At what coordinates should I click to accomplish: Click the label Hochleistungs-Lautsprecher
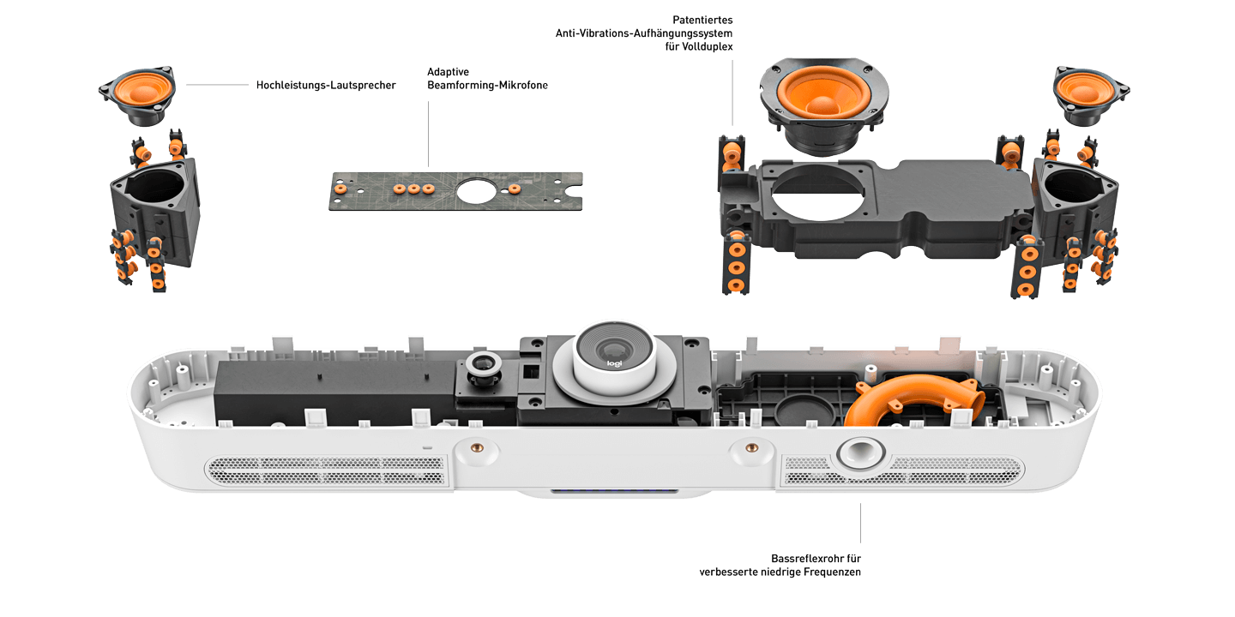[x=326, y=86]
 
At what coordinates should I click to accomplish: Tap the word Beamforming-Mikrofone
[x=487, y=86]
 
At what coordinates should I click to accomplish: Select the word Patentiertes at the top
[x=702, y=20]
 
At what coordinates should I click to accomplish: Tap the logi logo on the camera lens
[x=614, y=363]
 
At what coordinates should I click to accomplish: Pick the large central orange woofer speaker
[x=823, y=92]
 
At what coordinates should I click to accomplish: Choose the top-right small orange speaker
[x=1090, y=95]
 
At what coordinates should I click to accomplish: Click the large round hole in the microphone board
[x=476, y=191]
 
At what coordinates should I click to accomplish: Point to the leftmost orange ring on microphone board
[x=340, y=189]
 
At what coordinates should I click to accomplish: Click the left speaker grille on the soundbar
[x=326, y=471]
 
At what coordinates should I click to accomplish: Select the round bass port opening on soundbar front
[x=860, y=453]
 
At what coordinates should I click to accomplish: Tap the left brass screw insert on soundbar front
[x=478, y=448]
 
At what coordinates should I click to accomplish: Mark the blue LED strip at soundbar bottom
[x=614, y=490]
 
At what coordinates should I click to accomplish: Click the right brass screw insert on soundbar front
[x=751, y=448]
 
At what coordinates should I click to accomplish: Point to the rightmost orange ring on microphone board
[x=515, y=189]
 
